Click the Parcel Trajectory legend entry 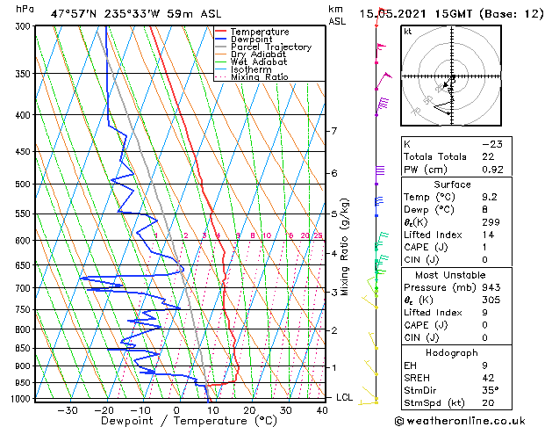pyautogui.click(x=270, y=47)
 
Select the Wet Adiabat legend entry pyautogui.click(x=259, y=62)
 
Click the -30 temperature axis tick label pyautogui.click(x=67, y=409)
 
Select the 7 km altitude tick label pyautogui.click(x=333, y=132)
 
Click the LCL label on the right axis pyautogui.click(x=346, y=398)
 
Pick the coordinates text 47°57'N pyautogui.click(x=74, y=13)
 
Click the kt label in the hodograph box pyautogui.click(x=407, y=32)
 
